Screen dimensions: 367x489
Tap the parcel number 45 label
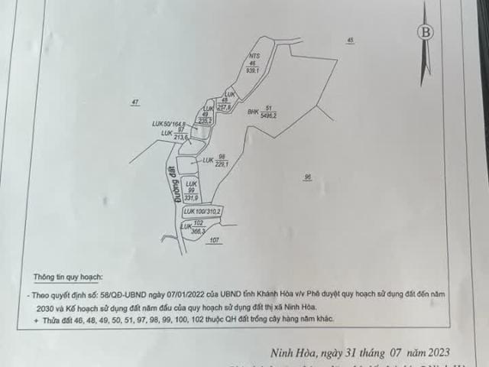(350, 40)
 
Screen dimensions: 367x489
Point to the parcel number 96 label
(307, 177)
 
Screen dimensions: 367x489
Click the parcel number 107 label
(214, 240)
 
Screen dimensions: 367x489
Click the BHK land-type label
(254, 112)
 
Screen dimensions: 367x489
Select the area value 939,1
(254, 70)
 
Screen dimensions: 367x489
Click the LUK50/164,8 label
(170, 123)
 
